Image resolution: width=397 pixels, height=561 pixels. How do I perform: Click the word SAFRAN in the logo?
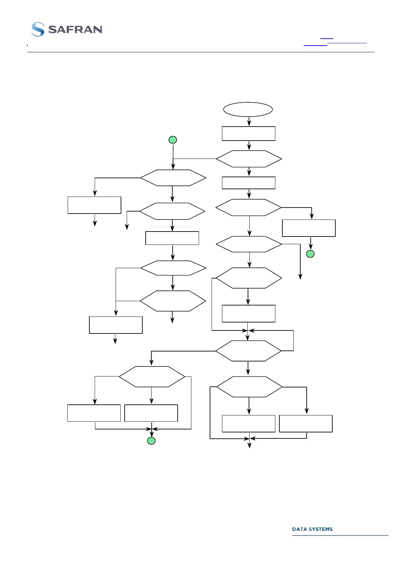(x=75, y=30)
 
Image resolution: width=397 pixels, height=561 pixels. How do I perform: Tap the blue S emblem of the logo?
(x=38, y=29)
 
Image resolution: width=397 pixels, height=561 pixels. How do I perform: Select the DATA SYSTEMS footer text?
(x=312, y=529)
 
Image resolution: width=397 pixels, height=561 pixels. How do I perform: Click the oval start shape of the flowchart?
(x=248, y=109)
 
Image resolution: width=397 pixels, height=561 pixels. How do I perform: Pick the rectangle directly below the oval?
(x=249, y=134)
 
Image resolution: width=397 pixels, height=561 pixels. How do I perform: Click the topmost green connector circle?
(x=173, y=140)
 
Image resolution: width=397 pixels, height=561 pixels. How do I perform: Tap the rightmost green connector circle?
(x=310, y=254)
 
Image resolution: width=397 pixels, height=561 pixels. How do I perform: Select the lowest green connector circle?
(x=151, y=441)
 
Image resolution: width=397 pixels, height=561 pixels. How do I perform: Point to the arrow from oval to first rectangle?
(x=249, y=122)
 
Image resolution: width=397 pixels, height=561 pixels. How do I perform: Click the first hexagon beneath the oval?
(x=249, y=159)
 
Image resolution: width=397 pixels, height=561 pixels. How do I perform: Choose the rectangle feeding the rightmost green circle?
(x=309, y=228)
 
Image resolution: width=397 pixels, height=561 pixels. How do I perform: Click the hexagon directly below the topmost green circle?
(x=173, y=178)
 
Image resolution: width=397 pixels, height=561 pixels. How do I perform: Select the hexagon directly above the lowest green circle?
(x=152, y=377)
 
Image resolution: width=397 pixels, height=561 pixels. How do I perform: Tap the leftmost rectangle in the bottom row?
(x=94, y=413)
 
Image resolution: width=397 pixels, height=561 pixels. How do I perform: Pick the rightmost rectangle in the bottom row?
(x=306, y=424)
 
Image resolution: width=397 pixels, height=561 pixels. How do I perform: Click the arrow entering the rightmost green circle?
(x=311, y=243)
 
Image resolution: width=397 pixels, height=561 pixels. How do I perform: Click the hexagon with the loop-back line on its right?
(x=248, y=351)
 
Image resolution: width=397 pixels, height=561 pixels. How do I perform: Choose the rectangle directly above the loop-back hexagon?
(x=249, y=313)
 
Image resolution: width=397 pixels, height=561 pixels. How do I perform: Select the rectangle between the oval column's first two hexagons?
(x=249, y=183)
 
